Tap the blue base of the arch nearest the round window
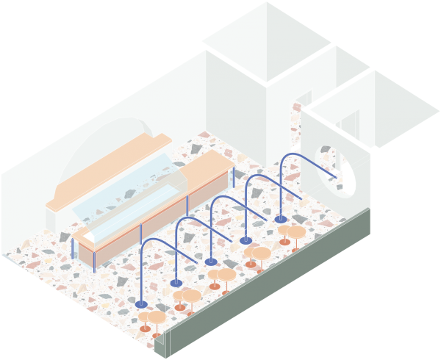point(281,218)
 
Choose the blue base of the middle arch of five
point(211,261)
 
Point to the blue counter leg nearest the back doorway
point(234,176)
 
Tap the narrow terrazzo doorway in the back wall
point(296,125)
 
